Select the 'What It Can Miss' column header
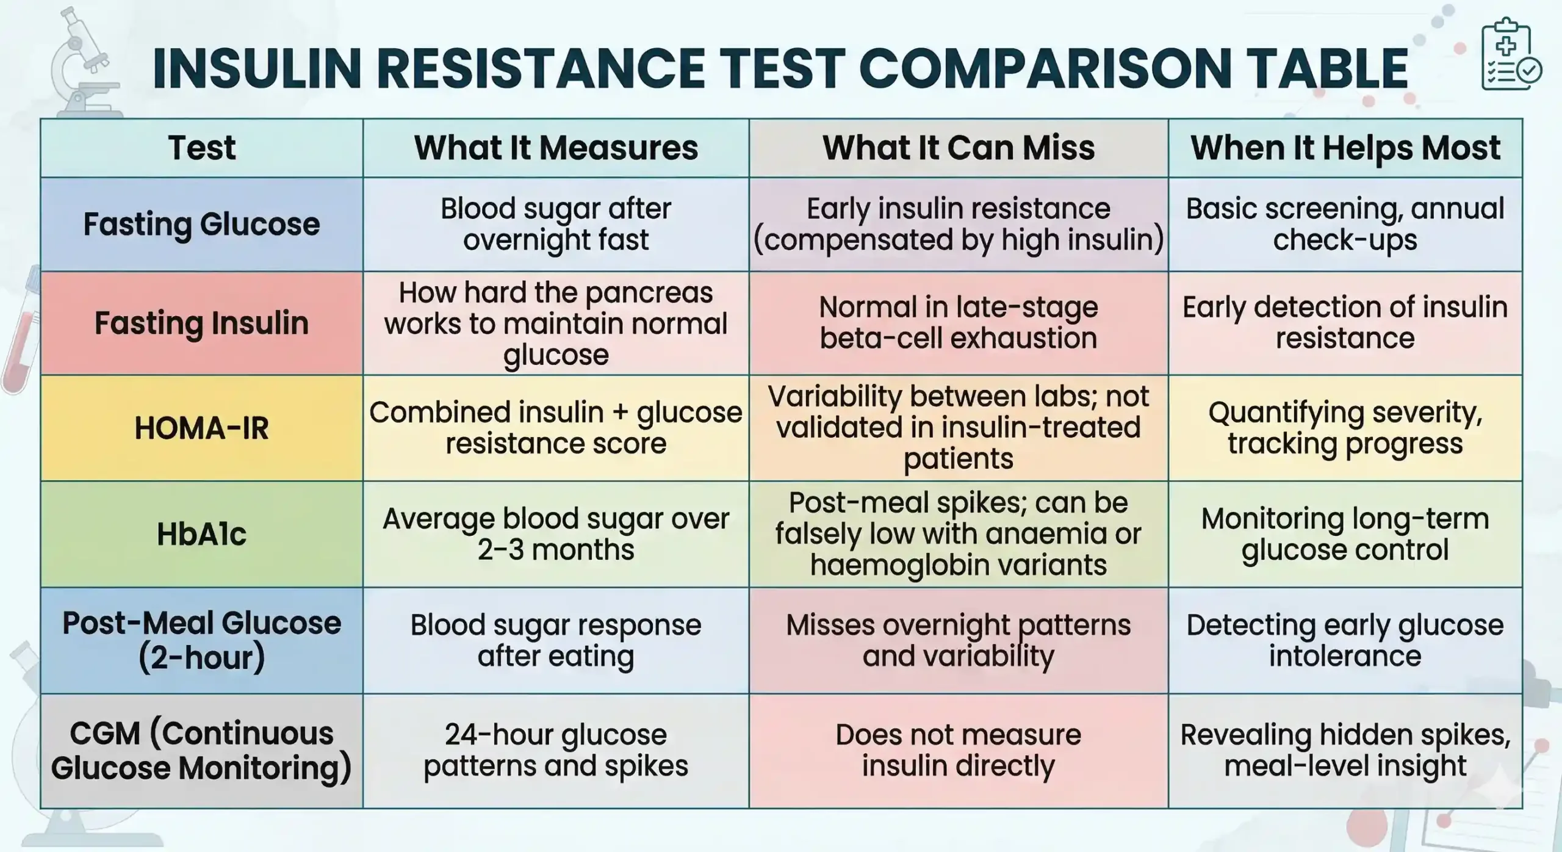[958, 148]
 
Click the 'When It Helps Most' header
[1345, 148]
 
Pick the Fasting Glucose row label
[201, 224]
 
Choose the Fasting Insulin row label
[201, 323]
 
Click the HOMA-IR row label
[201, 428]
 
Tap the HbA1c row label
[201, 534]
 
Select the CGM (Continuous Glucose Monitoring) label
[201, 751]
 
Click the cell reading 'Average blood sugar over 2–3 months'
[555, 534]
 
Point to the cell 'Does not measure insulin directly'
[958, 751]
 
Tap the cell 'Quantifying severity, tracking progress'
[1345, 428]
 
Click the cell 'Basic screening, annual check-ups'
[1345, 224]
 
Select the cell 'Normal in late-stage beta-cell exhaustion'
[958, 323]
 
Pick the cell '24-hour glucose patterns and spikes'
[555, 751]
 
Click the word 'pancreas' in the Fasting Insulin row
[649, 294]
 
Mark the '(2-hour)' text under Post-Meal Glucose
[201, 658]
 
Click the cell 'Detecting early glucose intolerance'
[1345, 640]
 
